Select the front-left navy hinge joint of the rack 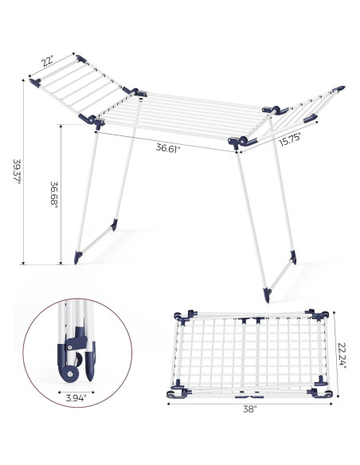pos(95,121)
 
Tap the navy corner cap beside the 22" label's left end pos(34,83)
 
